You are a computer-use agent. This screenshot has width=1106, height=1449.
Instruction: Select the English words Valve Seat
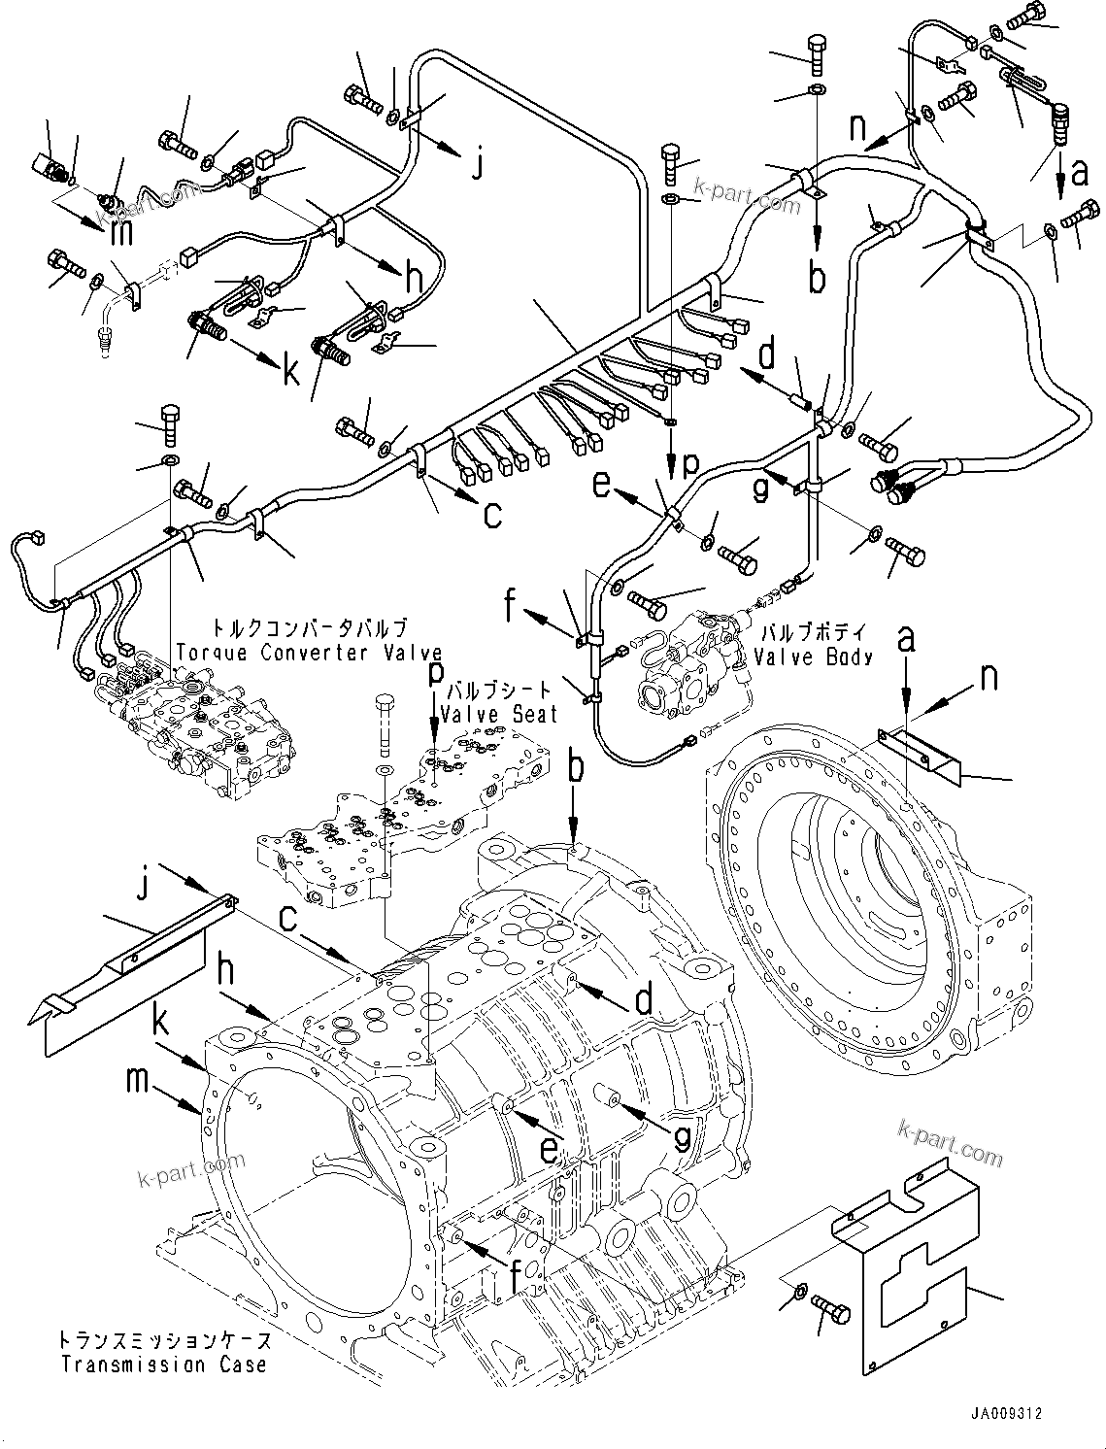pyautogui.click(x=499, y=715)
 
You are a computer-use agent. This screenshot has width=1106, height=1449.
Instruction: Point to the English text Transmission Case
pyautogui.click(x=163, y=1365)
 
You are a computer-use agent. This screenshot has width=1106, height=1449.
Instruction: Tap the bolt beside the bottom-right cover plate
pyautogui.click(x=829, y=1311)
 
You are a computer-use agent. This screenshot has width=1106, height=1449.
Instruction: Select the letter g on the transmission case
pyautogui.click(x=682, y=1134)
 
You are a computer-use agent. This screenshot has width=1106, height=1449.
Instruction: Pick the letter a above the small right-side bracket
pyautogui.click(x=905, y=639)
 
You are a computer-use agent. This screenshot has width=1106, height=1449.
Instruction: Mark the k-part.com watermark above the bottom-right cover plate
pyautogui.click(x=951, y=1142)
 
